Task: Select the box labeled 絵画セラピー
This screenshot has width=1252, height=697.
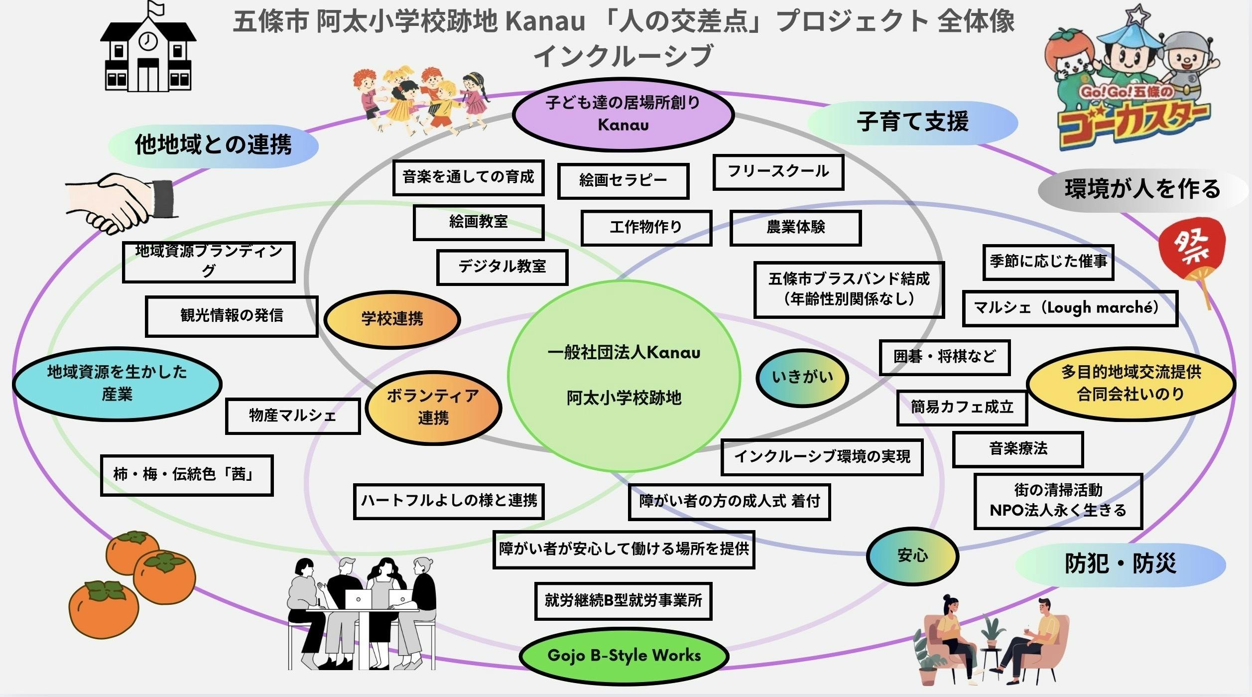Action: [x=623, y=180]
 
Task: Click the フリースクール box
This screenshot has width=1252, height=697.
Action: [x=778, y=172]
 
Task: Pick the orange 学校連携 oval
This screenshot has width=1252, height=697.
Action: [x=392, y=319]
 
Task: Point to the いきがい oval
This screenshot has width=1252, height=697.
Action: [x=802, y=377]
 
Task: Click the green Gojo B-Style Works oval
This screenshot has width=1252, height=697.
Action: [x=624, y=656]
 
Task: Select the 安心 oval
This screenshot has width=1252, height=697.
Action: [x=912, y=556]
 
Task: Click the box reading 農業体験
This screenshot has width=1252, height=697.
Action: [x=795, y=227]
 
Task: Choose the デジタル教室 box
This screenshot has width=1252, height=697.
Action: [x=502, y=267]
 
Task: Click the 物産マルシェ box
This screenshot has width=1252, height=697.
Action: [x=293, y=416]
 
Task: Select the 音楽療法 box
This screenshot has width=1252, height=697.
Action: [x=1018, y=449]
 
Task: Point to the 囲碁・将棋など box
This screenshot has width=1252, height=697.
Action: [x=944, y=357]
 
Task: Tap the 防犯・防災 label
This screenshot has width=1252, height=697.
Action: [x=1120, y=564]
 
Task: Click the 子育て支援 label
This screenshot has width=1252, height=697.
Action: [x=912, y=122]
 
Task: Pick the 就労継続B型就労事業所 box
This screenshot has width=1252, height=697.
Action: [x=623, y=601]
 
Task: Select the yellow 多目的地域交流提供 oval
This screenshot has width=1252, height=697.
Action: [x=1130, y=383]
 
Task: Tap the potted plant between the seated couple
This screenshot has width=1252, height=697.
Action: [x=993, y=633]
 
